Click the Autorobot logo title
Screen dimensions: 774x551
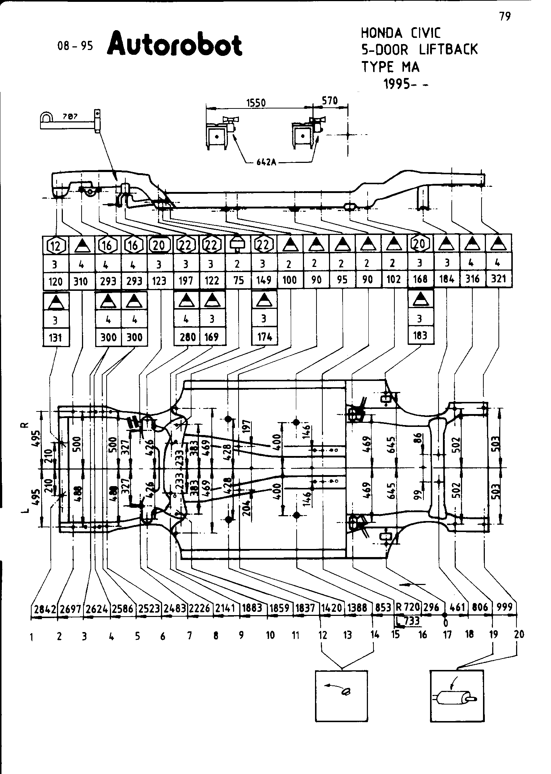pyautogui.click(x=175, y=45)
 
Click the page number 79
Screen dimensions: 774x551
pyautogui.click(x=505, y=17)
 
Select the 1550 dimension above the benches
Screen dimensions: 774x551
pyautogui.click(x=256, y=103)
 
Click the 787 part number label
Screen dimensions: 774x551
pyautogui.click(x=70, y=117)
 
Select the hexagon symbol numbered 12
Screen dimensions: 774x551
pyautogui.click(x=56, y=245)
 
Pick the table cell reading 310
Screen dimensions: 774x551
pyautogui.click(x=81, y=281)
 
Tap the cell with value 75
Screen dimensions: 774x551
pyautogui.click(x=239, y=281)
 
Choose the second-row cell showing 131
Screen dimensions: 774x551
pyautogui.click(x=56, y=337)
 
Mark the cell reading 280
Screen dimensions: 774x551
pyautogui.click(x=187, y=337)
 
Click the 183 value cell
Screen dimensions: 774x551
pyautogui.click(x=421, y=335)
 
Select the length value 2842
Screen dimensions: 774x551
pyautogui.click(x=44, y=609)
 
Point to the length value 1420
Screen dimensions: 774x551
pyautogui.click(x=332, y=608)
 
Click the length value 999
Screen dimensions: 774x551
pyautogui.click(x=504, y=607)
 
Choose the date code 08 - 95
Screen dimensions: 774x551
pyautogui.click(x=75, y=46)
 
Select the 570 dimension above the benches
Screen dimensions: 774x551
pyautogui.click(x=330, y=100)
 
